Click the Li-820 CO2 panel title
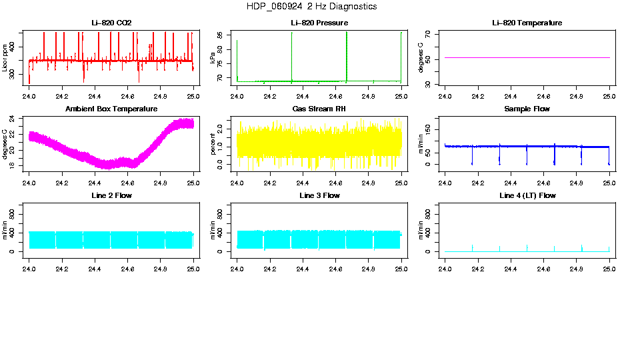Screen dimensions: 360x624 111,23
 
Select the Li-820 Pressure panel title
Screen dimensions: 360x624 319,23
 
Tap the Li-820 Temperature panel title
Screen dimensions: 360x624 527,23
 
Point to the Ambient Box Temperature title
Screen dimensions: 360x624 111,109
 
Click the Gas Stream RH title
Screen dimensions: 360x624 319,109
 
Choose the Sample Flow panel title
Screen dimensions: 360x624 527,109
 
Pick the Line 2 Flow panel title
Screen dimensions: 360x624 111,195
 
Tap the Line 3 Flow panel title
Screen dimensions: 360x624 319,195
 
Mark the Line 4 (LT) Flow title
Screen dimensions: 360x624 527,195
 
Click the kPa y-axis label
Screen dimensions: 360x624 213,58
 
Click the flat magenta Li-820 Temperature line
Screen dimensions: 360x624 527,58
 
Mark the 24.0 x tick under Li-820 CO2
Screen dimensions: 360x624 29,96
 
